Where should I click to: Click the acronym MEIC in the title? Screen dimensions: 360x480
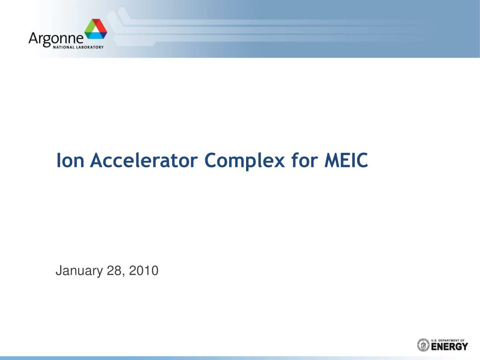coord(346,161)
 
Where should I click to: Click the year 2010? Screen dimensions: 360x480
coord(143,271)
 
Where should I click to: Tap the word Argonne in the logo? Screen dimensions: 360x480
coord(56,38)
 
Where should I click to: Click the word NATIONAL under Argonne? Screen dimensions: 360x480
coord(59,47)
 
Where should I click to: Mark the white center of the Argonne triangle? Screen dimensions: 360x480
coord(96,30)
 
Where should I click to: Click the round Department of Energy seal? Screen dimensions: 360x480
coord(423,345)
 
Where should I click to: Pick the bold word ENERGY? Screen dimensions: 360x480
coord(450,347)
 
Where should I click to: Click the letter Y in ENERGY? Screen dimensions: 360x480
coord(465,347)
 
